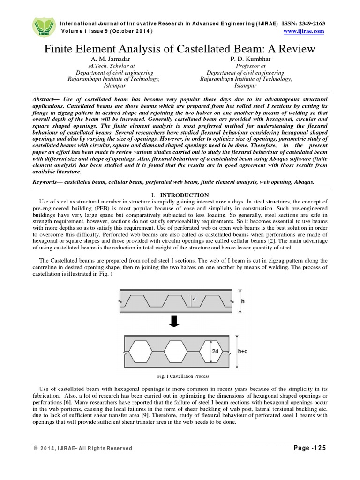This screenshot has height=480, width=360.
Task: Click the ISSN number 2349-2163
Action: [x=311, y=23]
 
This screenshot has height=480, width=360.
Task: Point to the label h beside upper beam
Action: [x=242, y=301]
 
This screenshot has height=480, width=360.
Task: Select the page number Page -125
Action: [x=309, y=448]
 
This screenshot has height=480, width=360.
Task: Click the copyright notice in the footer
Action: [x=83, y=449]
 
